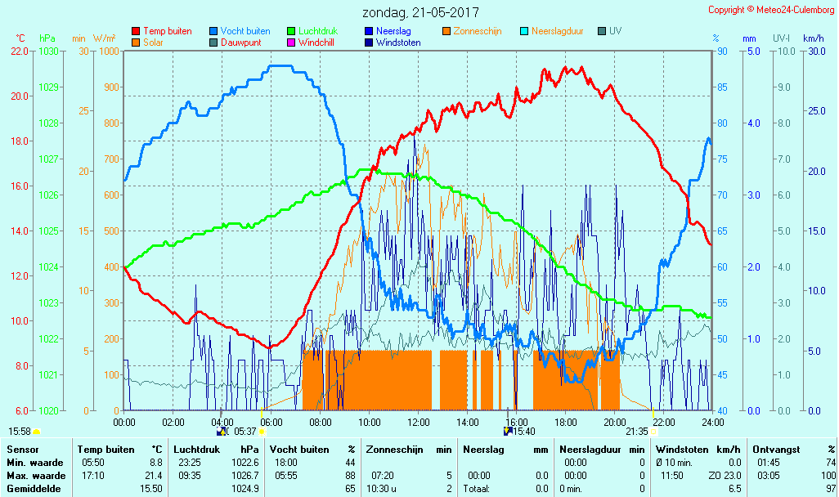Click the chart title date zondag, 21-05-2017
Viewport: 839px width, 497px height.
coord(421,12)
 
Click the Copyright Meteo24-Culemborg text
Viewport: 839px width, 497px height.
coord(772,10)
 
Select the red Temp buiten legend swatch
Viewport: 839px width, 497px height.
coord(136,31)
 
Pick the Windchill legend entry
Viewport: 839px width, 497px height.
coord(315,43)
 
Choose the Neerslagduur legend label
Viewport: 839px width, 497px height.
coord(558,31)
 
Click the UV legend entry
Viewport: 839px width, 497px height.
coord(615,31)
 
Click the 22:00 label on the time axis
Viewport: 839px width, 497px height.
coord(663,423)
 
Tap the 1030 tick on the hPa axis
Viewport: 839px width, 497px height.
coord(48,51)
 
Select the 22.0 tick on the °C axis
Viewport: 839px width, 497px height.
coord(20,51)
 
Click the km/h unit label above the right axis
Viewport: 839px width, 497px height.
coord(813,38)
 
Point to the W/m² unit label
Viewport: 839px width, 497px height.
coord(104,38)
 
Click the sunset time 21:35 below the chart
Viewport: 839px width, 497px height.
coord(637,432)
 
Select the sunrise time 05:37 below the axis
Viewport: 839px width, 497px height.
coord(245,432)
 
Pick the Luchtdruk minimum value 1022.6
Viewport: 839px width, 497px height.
coord(245,463)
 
